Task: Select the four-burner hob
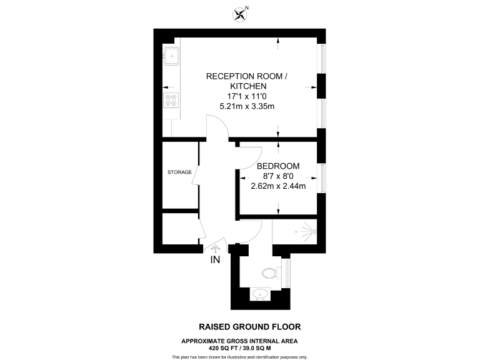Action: (x=171, y=100)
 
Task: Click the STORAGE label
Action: (x=179, y=172)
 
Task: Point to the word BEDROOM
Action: (x=278, y=166)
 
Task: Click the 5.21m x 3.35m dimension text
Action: (x=247, y=107)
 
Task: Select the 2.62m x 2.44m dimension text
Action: (x=278, y=186)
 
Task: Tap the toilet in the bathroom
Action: (x=269, y=272)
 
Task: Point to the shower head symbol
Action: (x=307, y=231)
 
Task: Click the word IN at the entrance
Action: (x=215, y=260)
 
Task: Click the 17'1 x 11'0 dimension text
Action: (x=247, y=96)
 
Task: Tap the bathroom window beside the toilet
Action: (x=287, y=271)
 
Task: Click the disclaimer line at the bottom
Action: (x=240, y=356)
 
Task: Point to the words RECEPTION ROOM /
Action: (x=247, y=76)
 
